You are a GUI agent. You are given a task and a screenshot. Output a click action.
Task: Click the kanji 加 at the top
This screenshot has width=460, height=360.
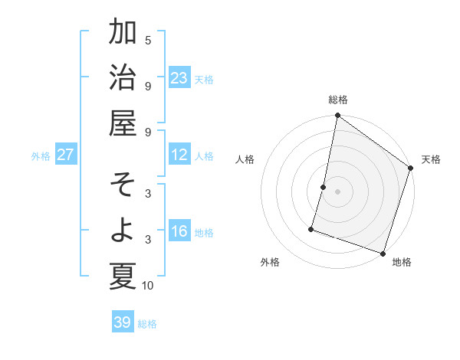point(123,33)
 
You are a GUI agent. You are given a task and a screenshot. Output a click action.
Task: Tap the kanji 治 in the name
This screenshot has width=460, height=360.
point(123,78)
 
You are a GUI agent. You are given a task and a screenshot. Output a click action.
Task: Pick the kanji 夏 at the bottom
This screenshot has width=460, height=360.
point(123,276)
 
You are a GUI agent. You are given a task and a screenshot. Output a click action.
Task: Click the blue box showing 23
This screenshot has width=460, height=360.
point(179,78)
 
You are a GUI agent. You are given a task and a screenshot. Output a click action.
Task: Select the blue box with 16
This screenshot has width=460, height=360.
point(179,232)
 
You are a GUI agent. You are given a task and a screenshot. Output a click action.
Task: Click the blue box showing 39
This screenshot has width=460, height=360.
point(123,322)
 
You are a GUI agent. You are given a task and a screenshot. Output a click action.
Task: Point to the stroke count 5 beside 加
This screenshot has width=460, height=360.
point(148,40)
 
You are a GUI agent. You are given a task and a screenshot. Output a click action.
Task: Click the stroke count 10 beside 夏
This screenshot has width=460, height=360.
point(148,286)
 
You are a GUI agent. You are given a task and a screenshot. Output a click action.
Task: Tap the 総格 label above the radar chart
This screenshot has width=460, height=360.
point(338,100)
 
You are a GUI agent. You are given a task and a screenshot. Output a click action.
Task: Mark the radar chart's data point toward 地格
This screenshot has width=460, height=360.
point(383,253)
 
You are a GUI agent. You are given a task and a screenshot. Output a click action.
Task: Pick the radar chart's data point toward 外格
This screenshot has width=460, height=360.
point(311,228)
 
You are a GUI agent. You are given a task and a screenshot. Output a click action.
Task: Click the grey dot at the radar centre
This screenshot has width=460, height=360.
point(337,191)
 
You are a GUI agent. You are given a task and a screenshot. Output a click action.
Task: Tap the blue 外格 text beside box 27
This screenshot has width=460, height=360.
point(41,156)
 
